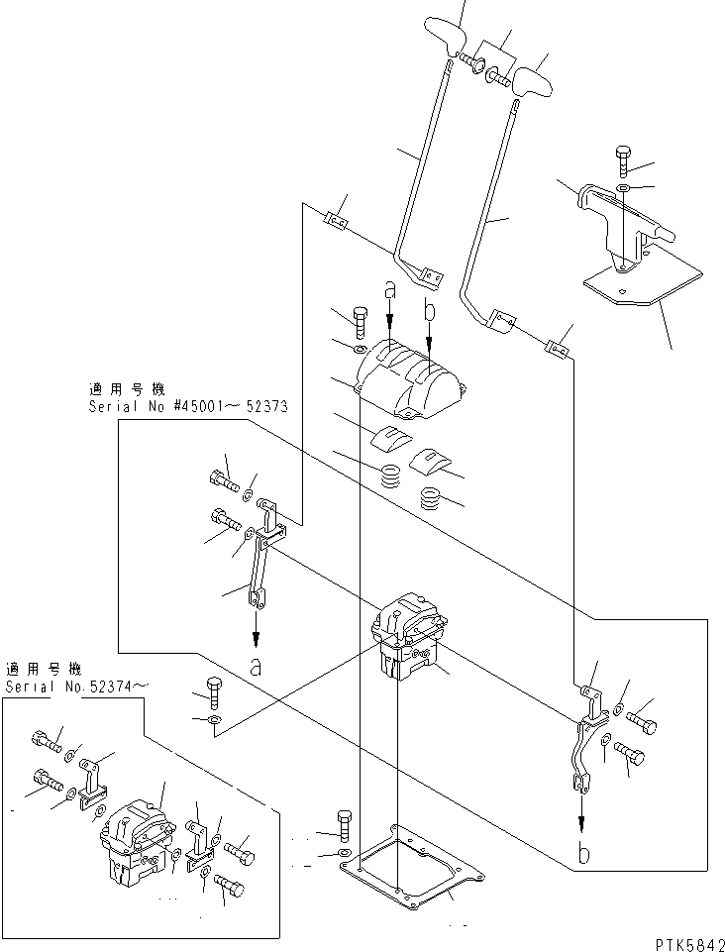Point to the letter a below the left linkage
point(256,667)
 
